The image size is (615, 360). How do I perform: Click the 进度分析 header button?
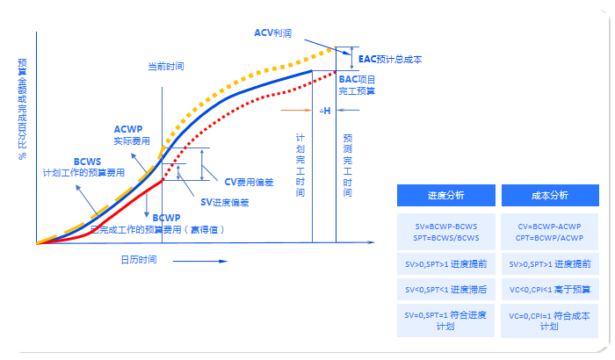tap(446, 195)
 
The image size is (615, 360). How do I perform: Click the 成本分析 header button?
tap(550, 195)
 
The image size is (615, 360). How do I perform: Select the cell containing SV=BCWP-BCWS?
tap(446, 232)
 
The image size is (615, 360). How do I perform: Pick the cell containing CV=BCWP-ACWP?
tap(550, 232)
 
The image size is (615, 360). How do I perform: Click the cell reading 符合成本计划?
tap(550, 320)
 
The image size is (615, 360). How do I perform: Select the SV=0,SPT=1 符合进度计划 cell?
tap(446, 320)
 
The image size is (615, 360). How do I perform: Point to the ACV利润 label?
tap(274, 32)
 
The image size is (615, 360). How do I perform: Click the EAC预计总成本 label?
tap(390, 60)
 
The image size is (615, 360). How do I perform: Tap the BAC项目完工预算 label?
tap(358, 84)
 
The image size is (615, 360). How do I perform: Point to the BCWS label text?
tap(87, 162)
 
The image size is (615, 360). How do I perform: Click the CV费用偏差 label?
tap(249, 182)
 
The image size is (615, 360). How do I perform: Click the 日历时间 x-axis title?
tap(138, 259)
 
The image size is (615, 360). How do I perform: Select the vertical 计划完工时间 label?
tap(300, 164)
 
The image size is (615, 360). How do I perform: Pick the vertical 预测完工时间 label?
tap(348, 164)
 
